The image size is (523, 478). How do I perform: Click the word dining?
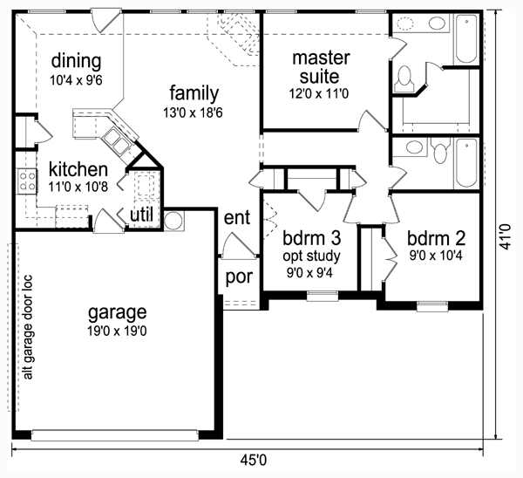coord(76,61)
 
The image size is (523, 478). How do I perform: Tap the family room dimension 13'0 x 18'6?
coord(193,113)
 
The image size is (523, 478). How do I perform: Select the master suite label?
coord(321,67)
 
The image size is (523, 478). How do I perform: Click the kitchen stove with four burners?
coord(27,181)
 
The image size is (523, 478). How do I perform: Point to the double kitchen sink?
coord(115,142)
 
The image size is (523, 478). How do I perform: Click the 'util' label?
coord(141,215)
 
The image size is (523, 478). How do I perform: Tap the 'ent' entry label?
coord(237,217)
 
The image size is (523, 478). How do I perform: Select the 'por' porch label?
coord(239,277)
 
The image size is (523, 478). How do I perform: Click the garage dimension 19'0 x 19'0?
coord(117,331)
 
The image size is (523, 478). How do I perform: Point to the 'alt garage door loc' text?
coord(29,327)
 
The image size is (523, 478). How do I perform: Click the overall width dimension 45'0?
coord(254,461)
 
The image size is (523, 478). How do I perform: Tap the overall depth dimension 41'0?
coord(506,236)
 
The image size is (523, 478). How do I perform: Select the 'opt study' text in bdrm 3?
coord(311,256)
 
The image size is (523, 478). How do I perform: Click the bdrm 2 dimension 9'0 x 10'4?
coord(436,256)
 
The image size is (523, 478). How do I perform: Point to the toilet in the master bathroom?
coord(404,79)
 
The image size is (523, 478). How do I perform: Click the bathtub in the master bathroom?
coord(466,38)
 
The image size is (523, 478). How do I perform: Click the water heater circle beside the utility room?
coord(173,221)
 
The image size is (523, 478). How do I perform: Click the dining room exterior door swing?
coord(106,21)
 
